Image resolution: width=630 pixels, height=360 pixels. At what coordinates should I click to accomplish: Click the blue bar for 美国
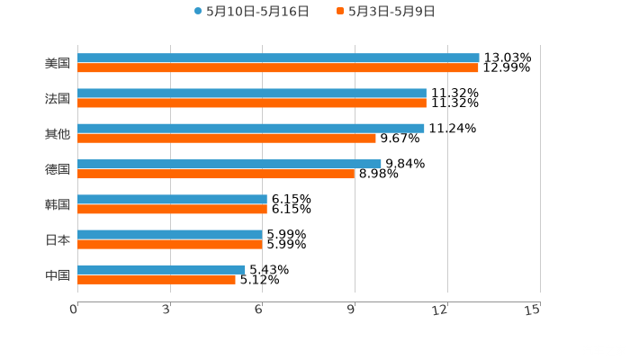click(278, 58)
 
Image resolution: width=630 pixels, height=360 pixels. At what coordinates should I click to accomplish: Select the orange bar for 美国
click(278, 67)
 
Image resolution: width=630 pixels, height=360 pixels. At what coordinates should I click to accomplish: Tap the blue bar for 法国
click(252, 93)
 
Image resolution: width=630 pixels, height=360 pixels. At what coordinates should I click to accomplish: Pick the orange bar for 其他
click(227, 138)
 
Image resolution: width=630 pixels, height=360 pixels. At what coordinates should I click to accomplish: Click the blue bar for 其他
click(251, 128)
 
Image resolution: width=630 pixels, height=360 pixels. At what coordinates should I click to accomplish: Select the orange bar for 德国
click(216, 174)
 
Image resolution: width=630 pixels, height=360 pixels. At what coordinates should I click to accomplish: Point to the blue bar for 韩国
click(172, 199)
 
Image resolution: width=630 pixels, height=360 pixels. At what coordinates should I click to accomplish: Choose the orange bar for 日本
click(170, 244)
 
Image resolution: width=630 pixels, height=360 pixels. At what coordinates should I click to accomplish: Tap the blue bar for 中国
click(161, 269)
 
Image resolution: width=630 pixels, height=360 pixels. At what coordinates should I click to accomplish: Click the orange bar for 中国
click(157, 279)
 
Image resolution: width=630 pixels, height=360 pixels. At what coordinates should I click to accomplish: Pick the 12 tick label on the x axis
click(440, 309)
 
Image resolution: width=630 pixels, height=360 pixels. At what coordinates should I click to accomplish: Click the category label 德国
click(58, 169)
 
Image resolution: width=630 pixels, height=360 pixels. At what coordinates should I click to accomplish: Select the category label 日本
click(58, 239)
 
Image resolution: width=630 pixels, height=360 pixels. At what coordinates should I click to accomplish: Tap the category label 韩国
click(58, 204)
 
